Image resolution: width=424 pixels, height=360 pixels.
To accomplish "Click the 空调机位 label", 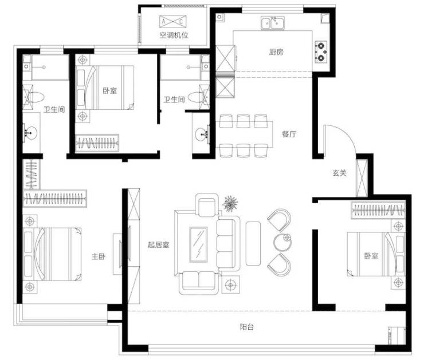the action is [x=174, y=35].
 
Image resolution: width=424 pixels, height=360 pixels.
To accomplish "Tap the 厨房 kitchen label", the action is [x=276, y=52].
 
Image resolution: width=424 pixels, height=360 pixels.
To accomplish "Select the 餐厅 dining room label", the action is [x=289, y=134].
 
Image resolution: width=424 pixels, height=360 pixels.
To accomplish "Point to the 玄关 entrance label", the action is [x=339, y=173].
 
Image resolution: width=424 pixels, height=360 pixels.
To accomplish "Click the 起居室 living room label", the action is [x=159, y=245].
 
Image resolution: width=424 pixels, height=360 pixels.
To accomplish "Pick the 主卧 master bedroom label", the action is [x=99, y=256].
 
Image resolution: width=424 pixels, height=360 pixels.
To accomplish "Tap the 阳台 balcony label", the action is [x=247, y=327].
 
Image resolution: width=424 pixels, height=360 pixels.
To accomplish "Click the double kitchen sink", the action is [x=273, y=23].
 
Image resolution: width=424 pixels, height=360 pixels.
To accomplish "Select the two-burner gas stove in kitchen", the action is [x=321, y=52].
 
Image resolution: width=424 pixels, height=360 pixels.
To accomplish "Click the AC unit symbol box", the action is [x=173, y=22].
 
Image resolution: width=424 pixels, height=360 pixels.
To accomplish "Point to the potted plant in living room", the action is [x=230, y=203].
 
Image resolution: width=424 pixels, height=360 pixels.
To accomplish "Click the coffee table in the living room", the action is [x=198, y=244].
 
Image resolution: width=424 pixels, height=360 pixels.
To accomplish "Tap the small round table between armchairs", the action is [x=282, y=242].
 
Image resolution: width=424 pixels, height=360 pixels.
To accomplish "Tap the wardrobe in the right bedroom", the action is [x=378, y=210].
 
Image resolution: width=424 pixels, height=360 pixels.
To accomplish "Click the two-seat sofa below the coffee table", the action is [x=199, y=283].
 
